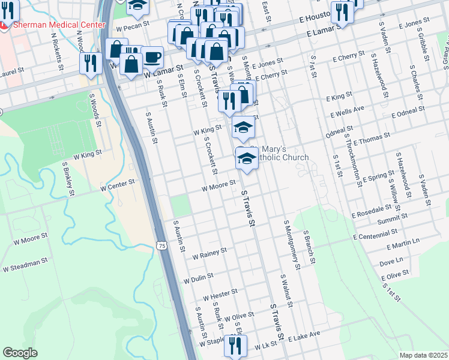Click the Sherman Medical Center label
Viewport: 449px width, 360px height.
(59, 25)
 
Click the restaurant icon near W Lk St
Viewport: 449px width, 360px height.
(235, 346)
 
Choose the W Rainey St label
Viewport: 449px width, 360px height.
(209, 254)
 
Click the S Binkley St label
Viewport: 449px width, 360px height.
(67, 178)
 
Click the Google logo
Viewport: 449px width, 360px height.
(20, 352)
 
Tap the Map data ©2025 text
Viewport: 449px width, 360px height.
(423, 355)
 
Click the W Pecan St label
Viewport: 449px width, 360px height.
(132, 28)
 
